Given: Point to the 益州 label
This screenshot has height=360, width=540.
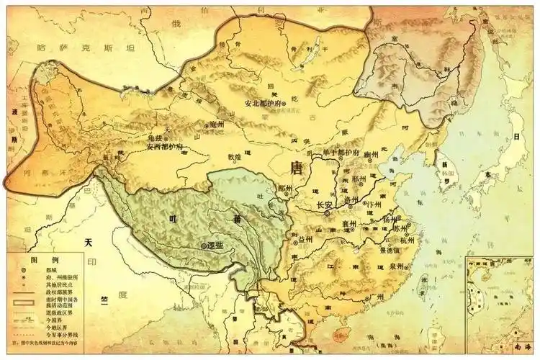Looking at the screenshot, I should point(306,239).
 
